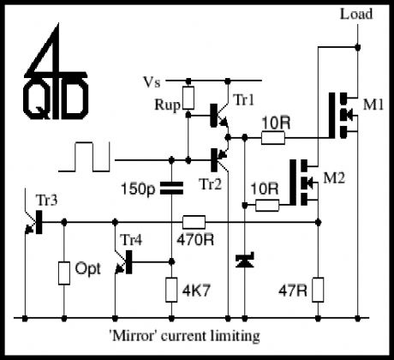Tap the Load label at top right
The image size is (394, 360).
355,15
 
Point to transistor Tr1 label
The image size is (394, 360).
245,101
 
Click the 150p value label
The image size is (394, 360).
140,188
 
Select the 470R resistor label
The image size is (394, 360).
196,239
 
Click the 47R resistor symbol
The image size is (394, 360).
318,289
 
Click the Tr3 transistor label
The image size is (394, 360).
47,199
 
